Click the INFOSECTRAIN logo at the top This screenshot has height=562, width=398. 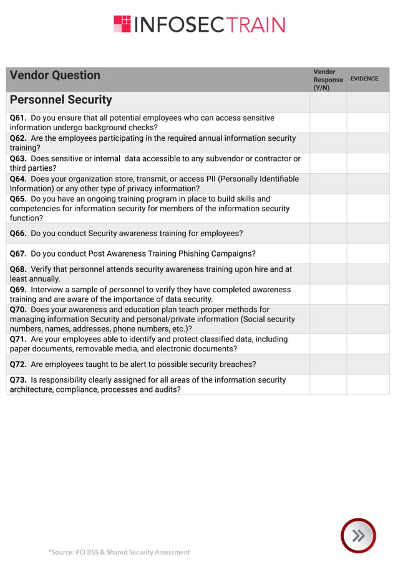click(199, 24)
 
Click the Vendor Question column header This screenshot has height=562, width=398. click(55, 75)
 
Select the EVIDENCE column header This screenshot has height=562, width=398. click(364, 79)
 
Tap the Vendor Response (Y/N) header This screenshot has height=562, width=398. click(328, 80)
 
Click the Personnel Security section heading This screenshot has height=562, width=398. click(61, 100)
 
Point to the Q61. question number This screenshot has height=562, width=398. click(18, 118)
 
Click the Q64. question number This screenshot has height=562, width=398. click(18, 179)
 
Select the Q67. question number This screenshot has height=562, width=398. click(18, 254)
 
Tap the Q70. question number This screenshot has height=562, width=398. click(18, 310)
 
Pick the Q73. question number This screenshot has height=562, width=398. click(18, 379)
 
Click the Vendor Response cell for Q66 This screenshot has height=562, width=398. click(328, 234)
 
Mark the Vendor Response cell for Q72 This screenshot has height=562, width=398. click(328, 364)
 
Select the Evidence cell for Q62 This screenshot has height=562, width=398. click(368, 143)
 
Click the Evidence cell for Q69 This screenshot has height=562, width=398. click(368, 294)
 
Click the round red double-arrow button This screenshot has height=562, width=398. click(358, 535)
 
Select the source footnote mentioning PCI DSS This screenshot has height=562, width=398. click(119, 552)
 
